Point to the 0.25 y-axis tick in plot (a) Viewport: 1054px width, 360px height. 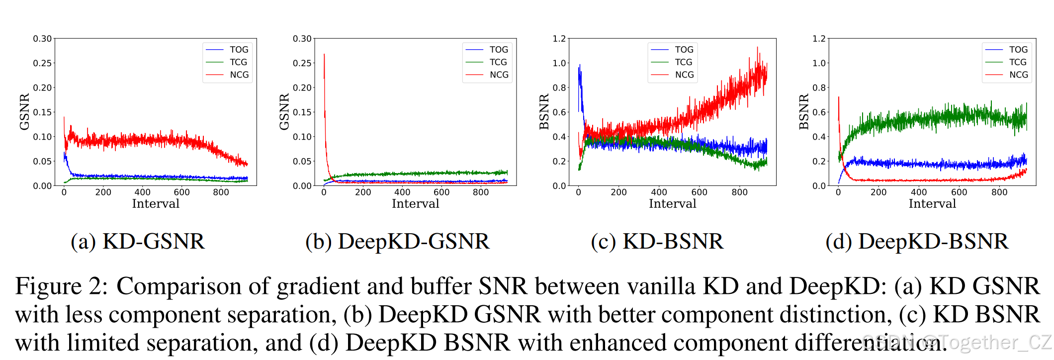pos(42,63)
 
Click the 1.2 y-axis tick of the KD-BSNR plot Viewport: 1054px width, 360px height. pos(559,39)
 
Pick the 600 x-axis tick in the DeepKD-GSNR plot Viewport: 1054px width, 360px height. pos(441,192)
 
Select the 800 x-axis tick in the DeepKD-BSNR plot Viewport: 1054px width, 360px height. pos(999,192)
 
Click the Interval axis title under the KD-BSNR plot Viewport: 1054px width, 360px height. pos(672,203)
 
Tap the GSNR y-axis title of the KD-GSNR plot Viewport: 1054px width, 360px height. pos(24,112)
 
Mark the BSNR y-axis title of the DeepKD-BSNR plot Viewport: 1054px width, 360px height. pos(803,112)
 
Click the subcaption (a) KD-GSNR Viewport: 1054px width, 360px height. pos(138,242)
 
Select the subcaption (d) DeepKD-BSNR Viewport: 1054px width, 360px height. pos(917,242)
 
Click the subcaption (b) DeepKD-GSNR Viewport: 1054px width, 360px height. pos(397,242)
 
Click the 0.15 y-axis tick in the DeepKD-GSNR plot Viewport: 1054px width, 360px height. pos(302,112)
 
